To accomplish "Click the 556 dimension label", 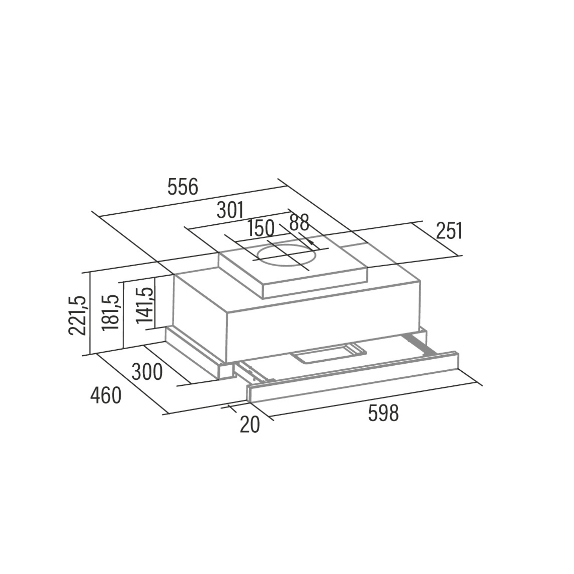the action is point(183,187).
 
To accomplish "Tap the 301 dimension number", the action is point(230,210).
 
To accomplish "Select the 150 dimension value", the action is point(261,228).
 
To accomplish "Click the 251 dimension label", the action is point(449,231).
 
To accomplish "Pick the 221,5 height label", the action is point(77,316).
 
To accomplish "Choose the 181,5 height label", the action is point(110,313).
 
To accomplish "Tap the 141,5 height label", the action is point(145,305).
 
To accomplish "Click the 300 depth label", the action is point(147,372).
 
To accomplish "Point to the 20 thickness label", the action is point(250,425).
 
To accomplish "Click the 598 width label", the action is point(383,413).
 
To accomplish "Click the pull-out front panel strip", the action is point(353,377).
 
